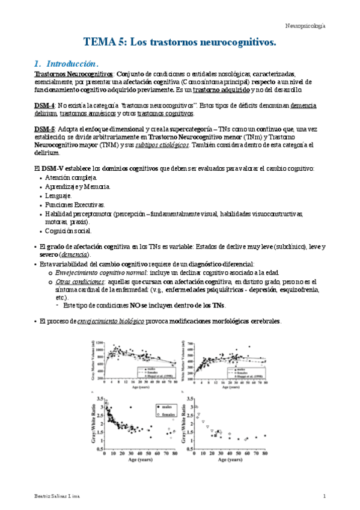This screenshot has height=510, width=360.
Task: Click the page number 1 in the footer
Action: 324,496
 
